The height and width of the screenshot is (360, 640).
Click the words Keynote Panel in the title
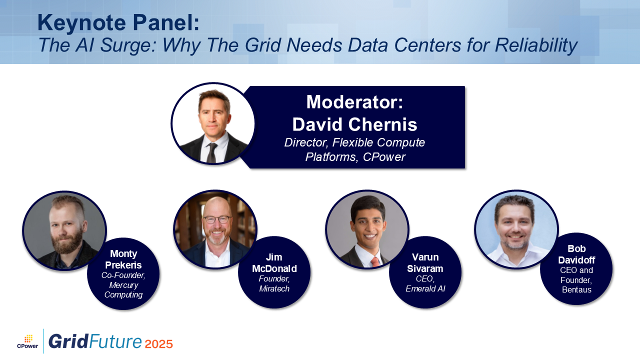(x=118, y=22)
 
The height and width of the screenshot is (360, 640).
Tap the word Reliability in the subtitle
(x=536, y=45)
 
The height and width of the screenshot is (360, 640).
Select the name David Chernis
(x=354, y=124)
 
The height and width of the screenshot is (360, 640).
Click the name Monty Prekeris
(x=123, y=259)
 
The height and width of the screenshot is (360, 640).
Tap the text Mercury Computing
(x=123, y=289)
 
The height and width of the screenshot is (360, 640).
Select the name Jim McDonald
(x=274, y=263)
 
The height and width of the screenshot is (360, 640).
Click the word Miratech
(x=274, y=288)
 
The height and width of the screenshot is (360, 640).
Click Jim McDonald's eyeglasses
(x=217, y=219)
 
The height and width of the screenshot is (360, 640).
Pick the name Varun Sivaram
(x=425, y=263)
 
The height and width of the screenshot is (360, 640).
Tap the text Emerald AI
(x=425, y=288)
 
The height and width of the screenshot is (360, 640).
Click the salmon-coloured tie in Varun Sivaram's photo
(x=375, y=261)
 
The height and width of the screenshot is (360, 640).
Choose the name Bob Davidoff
(x=576, y=254)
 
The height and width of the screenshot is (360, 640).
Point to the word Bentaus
(x=576, y=289)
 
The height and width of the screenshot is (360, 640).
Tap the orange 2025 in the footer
(x=159, y=343)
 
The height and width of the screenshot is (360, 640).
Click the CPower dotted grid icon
(x=28, y=339)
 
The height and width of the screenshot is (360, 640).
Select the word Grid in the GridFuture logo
(x=68, y=341)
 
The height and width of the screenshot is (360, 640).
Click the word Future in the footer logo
(x=115, y=341)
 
